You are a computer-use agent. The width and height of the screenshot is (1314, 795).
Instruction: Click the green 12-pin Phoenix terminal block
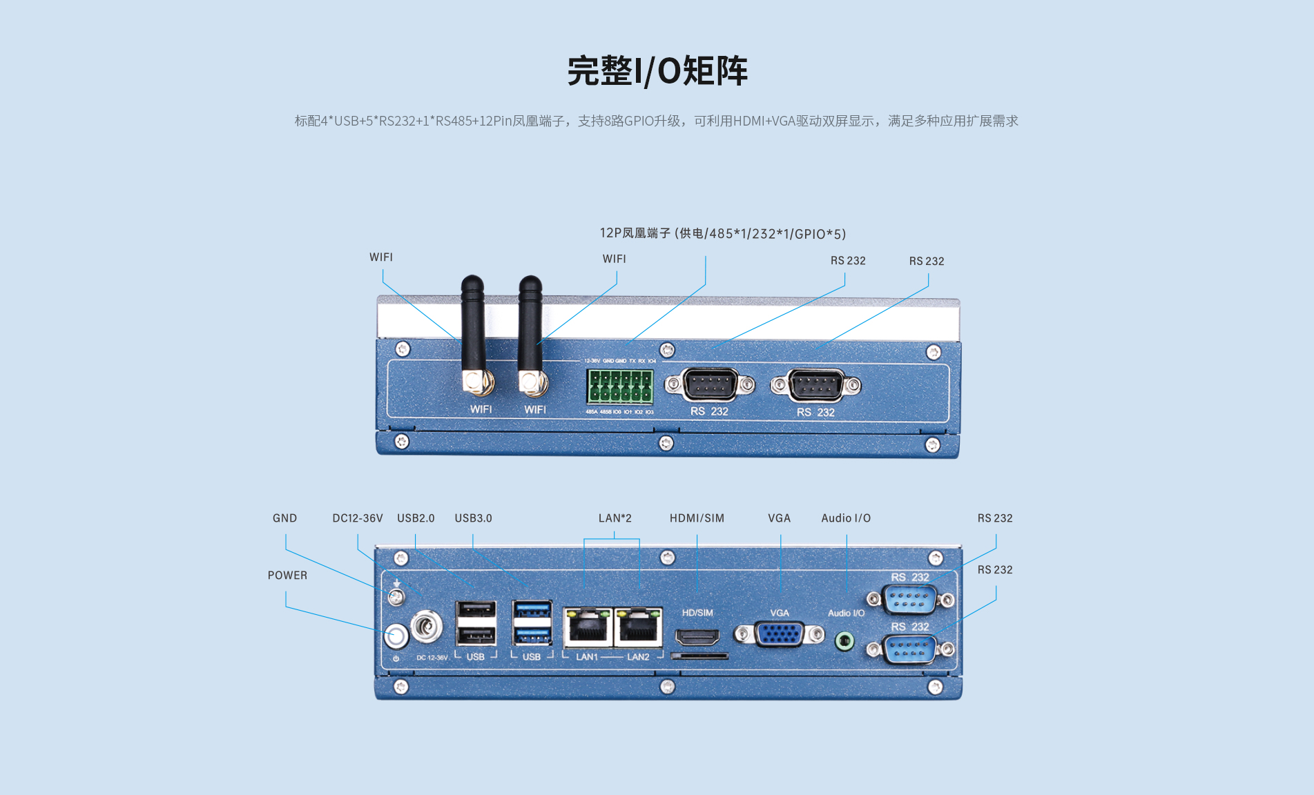pos(620,386)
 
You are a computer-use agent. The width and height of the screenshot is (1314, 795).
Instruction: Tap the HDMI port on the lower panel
pos(697,637)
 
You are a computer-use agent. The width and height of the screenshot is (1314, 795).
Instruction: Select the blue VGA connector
pos(779,634)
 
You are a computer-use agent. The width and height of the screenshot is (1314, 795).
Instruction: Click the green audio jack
pos(844,641)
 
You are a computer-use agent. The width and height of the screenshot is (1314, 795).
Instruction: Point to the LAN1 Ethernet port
pos(588,627)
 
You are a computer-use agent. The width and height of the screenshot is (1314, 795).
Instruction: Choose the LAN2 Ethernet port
pos(638,627)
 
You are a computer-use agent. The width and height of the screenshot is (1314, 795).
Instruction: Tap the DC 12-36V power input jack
pos(426,627)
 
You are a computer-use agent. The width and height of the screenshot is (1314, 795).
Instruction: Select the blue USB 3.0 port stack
pos(532,622)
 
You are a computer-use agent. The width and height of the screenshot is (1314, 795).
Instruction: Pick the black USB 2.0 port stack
pos(476,622)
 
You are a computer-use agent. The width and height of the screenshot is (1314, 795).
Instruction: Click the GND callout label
pos(284,518)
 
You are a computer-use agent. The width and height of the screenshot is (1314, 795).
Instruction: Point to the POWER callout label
pos(287,576)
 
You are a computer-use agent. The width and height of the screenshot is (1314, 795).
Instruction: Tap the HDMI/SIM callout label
pos(697,518)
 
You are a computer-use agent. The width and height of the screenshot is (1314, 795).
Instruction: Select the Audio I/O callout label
pos(846,518)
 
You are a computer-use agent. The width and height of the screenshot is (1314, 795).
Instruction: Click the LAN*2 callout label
pos(615,518)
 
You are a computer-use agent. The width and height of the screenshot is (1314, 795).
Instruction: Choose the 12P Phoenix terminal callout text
pos(722,234)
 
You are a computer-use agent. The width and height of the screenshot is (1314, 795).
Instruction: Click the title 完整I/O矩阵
pos(657,71)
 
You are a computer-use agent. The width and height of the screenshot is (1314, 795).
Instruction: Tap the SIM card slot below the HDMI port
pos(699,656)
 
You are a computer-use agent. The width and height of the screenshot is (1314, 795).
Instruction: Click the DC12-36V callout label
pos(357,518)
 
